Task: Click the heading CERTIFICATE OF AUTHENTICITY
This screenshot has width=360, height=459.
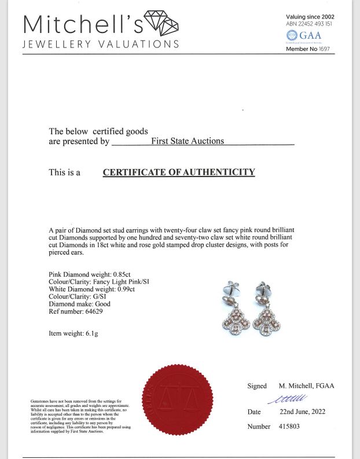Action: [179, 172]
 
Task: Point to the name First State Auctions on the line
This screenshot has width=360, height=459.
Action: [187, 141]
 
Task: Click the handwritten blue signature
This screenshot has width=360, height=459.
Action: [288, 398]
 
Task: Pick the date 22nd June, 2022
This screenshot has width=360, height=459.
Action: [302, 412]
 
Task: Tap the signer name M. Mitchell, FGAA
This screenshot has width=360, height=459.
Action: [306, 386]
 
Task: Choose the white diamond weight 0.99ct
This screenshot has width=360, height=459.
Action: [124, 289]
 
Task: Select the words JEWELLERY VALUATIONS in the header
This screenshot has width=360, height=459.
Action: [101, 45]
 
